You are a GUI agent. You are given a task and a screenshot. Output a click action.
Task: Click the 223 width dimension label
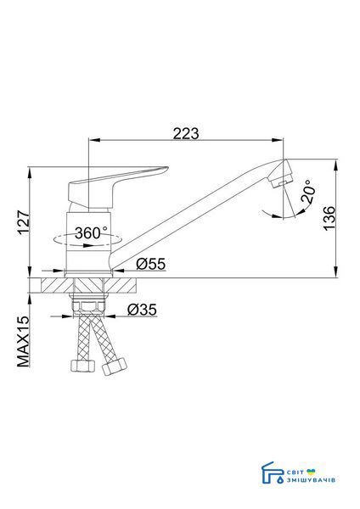[x=186, y=134]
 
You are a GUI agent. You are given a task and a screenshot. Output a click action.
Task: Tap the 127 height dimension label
[x=24, y=222]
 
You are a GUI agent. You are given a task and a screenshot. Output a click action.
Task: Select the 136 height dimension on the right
[x=329, y=218]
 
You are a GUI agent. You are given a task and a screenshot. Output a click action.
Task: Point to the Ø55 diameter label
[x=151, y=264]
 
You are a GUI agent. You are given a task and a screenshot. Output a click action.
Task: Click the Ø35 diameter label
[x=142, y=310]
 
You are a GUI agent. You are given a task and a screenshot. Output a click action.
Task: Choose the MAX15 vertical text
[x=23, y=342]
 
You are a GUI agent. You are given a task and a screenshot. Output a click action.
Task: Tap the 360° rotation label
[x=91, y=232]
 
